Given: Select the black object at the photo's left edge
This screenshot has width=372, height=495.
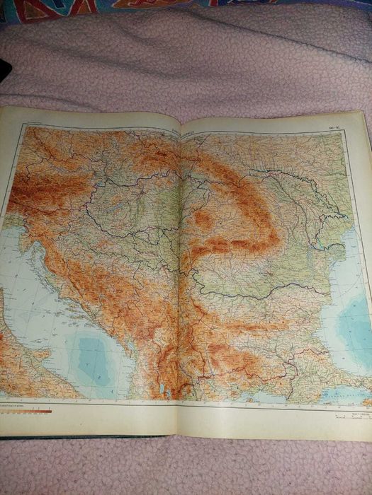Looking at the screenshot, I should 4,71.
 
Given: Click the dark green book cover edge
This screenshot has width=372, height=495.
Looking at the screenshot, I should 85,436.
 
